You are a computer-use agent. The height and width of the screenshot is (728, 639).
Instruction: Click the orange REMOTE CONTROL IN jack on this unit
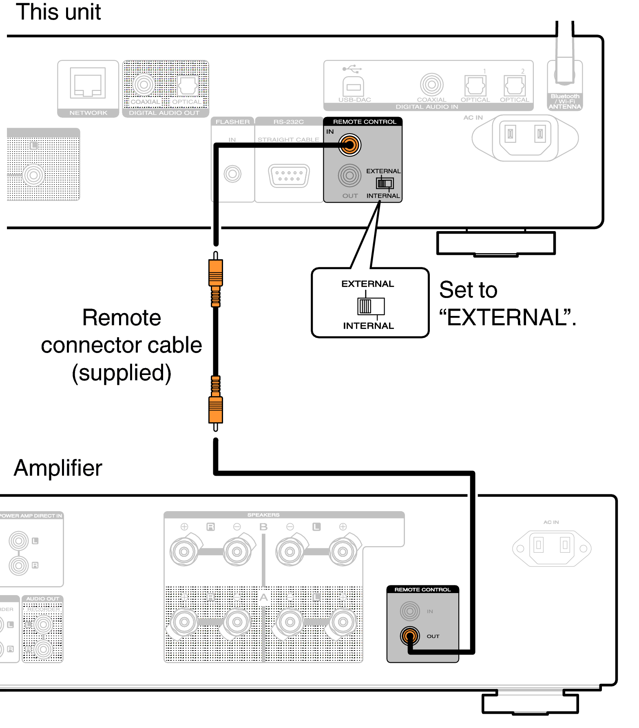349,145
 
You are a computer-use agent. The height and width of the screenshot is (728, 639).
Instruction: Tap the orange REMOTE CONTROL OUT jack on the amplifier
410,636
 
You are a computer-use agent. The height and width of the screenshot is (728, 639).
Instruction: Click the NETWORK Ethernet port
88,84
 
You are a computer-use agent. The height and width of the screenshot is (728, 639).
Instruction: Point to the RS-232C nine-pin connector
289,176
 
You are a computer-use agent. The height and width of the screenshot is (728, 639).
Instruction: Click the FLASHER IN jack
232,174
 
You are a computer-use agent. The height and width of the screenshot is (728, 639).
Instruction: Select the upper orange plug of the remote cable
216,273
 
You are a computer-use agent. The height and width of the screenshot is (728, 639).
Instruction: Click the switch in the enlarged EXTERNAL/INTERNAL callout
371,306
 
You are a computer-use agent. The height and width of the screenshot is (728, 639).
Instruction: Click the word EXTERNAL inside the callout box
367,284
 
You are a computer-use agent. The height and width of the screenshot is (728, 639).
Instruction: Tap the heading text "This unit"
58,12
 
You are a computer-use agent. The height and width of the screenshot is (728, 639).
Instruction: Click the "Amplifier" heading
58,468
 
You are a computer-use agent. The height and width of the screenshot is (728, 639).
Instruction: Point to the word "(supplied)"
122,373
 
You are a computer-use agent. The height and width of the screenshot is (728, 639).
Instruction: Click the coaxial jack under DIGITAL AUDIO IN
431,85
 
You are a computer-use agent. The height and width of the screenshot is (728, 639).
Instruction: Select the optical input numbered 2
514,86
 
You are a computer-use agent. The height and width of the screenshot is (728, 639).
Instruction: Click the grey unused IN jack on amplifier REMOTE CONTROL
410,611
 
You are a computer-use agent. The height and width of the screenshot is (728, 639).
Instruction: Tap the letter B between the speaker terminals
263,527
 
